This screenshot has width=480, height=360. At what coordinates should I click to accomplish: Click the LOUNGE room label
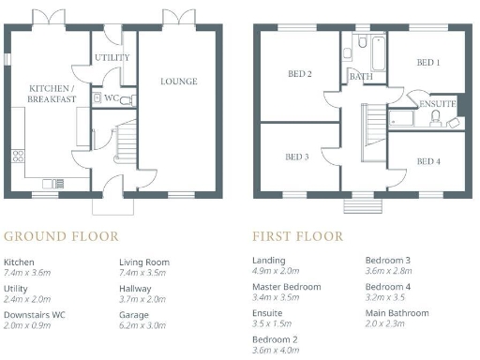[x=178, y=82]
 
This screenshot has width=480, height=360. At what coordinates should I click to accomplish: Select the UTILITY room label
[x=112, y=58]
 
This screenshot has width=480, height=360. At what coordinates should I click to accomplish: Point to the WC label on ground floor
[x=112, y=97]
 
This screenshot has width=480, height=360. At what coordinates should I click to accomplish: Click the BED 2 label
[x=299, y=73]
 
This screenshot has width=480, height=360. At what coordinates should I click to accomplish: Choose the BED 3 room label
[x=296, y=157]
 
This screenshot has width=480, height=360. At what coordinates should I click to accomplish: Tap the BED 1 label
[x=427, y=63]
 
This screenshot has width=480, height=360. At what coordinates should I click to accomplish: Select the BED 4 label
[x=427, y=161]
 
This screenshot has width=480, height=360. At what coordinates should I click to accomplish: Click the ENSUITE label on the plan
[x=437, y=103]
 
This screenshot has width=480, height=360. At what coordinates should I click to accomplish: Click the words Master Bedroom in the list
[x=287, y=286]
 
